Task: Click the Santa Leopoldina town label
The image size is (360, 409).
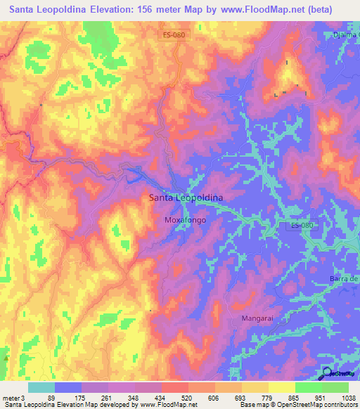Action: point(186,198)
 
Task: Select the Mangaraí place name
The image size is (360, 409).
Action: point(262,318)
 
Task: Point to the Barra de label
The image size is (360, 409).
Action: point(344,280)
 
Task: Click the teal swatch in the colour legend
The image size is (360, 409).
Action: point(41,387)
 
